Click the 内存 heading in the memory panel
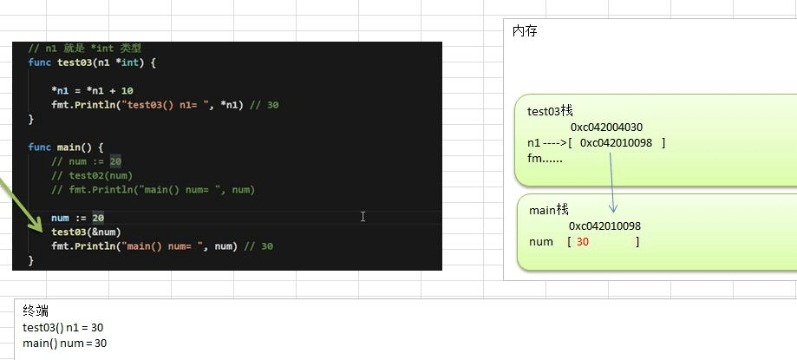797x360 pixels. (526, 31)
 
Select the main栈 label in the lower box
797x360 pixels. (549, 210)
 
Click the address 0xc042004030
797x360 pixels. (606, 127)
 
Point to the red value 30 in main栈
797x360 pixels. (583, 242)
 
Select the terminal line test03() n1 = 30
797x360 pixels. (63, 327)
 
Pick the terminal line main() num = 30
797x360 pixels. (64, 343)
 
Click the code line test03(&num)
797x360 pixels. (86, 232)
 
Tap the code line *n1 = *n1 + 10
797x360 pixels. (92, 90)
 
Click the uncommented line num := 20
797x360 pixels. (77, 218)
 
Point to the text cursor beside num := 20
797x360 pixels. (363, 216)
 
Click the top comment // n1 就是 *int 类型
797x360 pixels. (84, 48)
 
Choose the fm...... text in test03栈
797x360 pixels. (545, 158)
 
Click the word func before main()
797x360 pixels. (39, 147)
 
